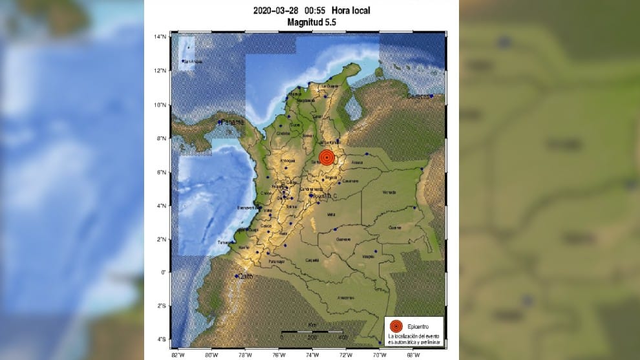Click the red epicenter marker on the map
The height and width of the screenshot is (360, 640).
coord(327,158)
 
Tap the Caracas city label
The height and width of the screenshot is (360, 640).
coord(418,96)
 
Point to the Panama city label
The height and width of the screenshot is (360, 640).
coord(232,122)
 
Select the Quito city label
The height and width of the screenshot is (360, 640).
coord(243,277)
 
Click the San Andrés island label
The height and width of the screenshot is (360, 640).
coord(193,62)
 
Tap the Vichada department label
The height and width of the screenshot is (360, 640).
coord(389,192)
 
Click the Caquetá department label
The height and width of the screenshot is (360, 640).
coord(312,260)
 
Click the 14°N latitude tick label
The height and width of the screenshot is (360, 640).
coord(162,36)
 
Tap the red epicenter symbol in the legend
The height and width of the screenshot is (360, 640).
coord(396,327)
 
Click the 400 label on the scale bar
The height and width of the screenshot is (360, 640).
coord(343,337)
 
